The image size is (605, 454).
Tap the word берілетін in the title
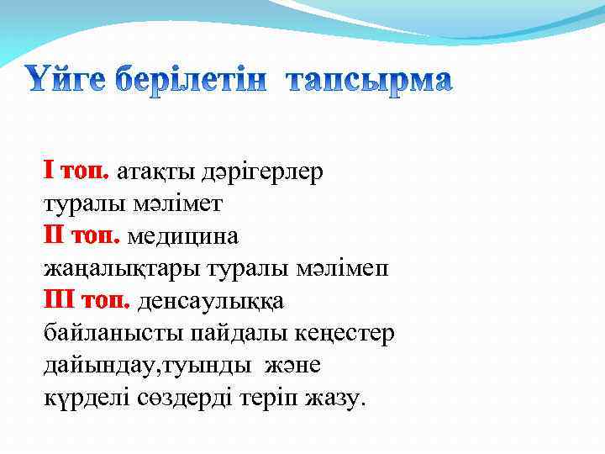tap(213, 81)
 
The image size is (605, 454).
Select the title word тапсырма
tap(369, 81)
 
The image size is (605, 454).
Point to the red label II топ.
tap(82, 236)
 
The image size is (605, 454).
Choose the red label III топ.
tap(87, 300)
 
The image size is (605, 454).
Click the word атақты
tap(155, 172)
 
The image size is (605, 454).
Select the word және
tap(292, 366)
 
